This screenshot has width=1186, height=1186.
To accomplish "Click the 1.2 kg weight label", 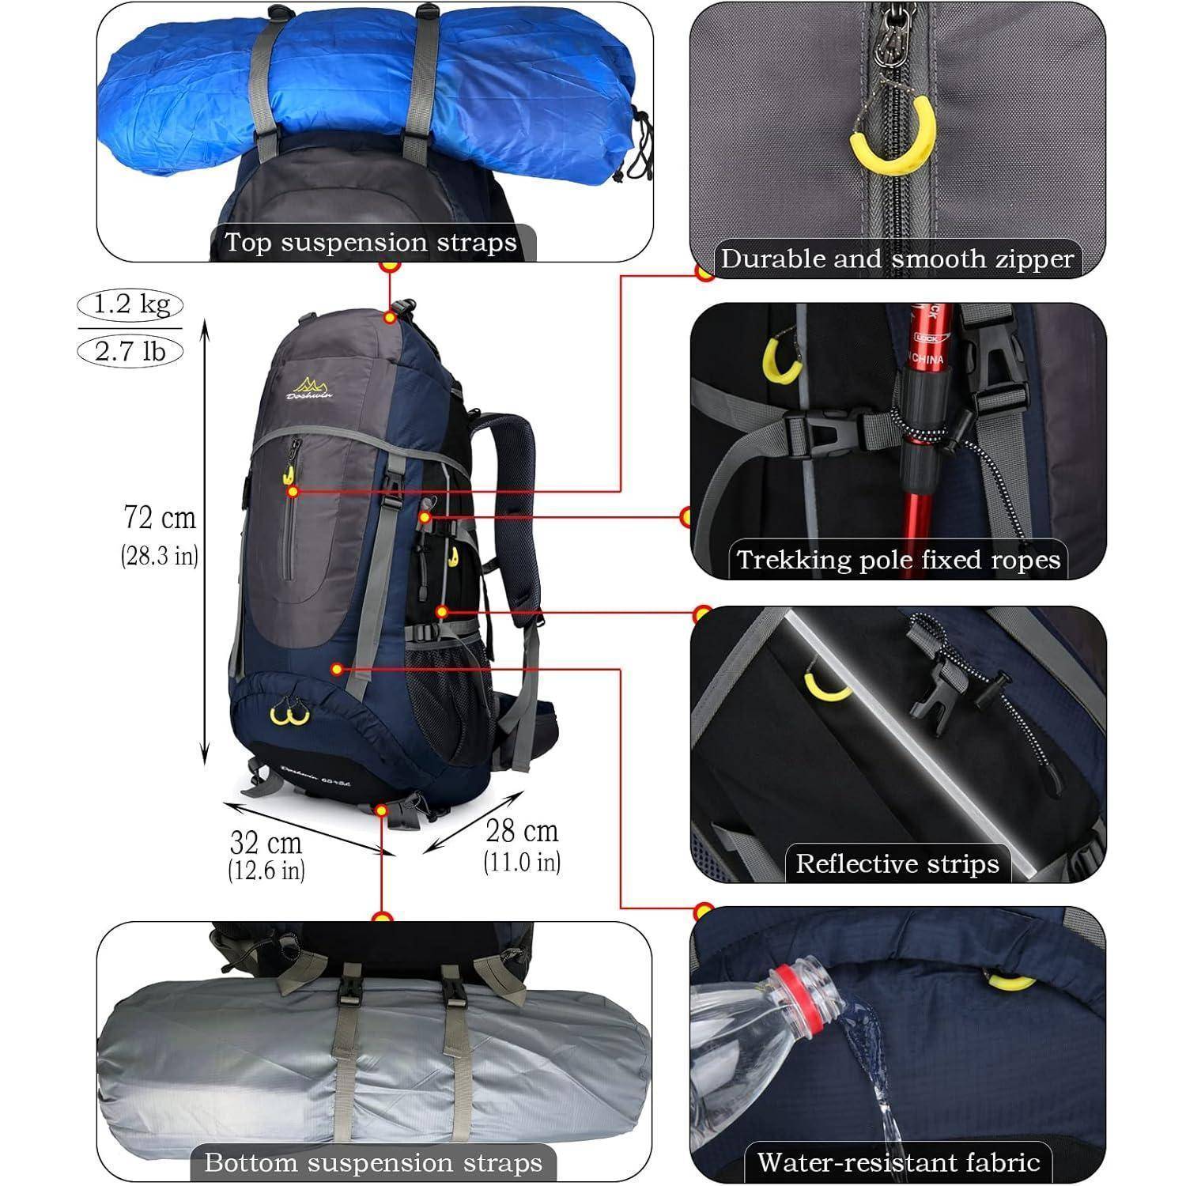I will (130, 304).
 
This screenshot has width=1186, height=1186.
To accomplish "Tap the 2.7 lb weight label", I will (130, 350).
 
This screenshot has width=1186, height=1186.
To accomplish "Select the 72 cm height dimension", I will (160, 519).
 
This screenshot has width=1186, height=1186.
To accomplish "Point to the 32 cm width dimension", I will (266, 843).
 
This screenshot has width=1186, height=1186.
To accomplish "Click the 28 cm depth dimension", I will (522, 831).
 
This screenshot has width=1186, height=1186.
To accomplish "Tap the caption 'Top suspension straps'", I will (371, 242).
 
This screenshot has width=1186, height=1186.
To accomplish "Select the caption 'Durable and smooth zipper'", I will (897, 259).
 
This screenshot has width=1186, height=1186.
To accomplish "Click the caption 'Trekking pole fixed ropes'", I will (898, 560).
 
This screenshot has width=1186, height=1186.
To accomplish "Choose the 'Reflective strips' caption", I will (897, 863).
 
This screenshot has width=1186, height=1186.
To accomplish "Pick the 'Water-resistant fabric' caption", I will (898, 1161).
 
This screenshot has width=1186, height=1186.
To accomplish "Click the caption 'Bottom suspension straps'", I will (373, 1162).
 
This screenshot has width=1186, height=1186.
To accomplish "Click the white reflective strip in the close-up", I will (893, 727).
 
